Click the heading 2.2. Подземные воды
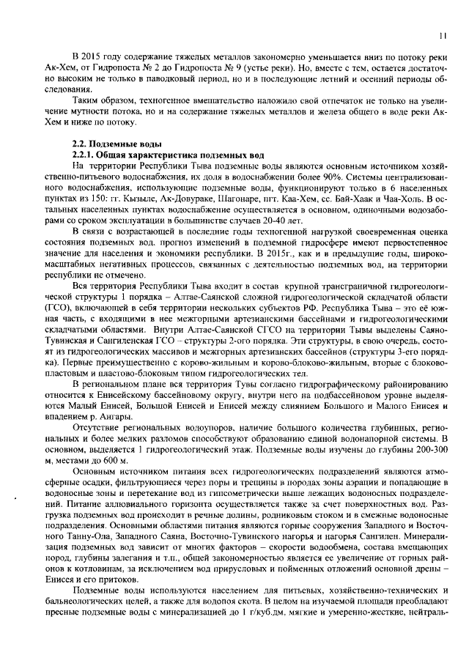tap(111, 144)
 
